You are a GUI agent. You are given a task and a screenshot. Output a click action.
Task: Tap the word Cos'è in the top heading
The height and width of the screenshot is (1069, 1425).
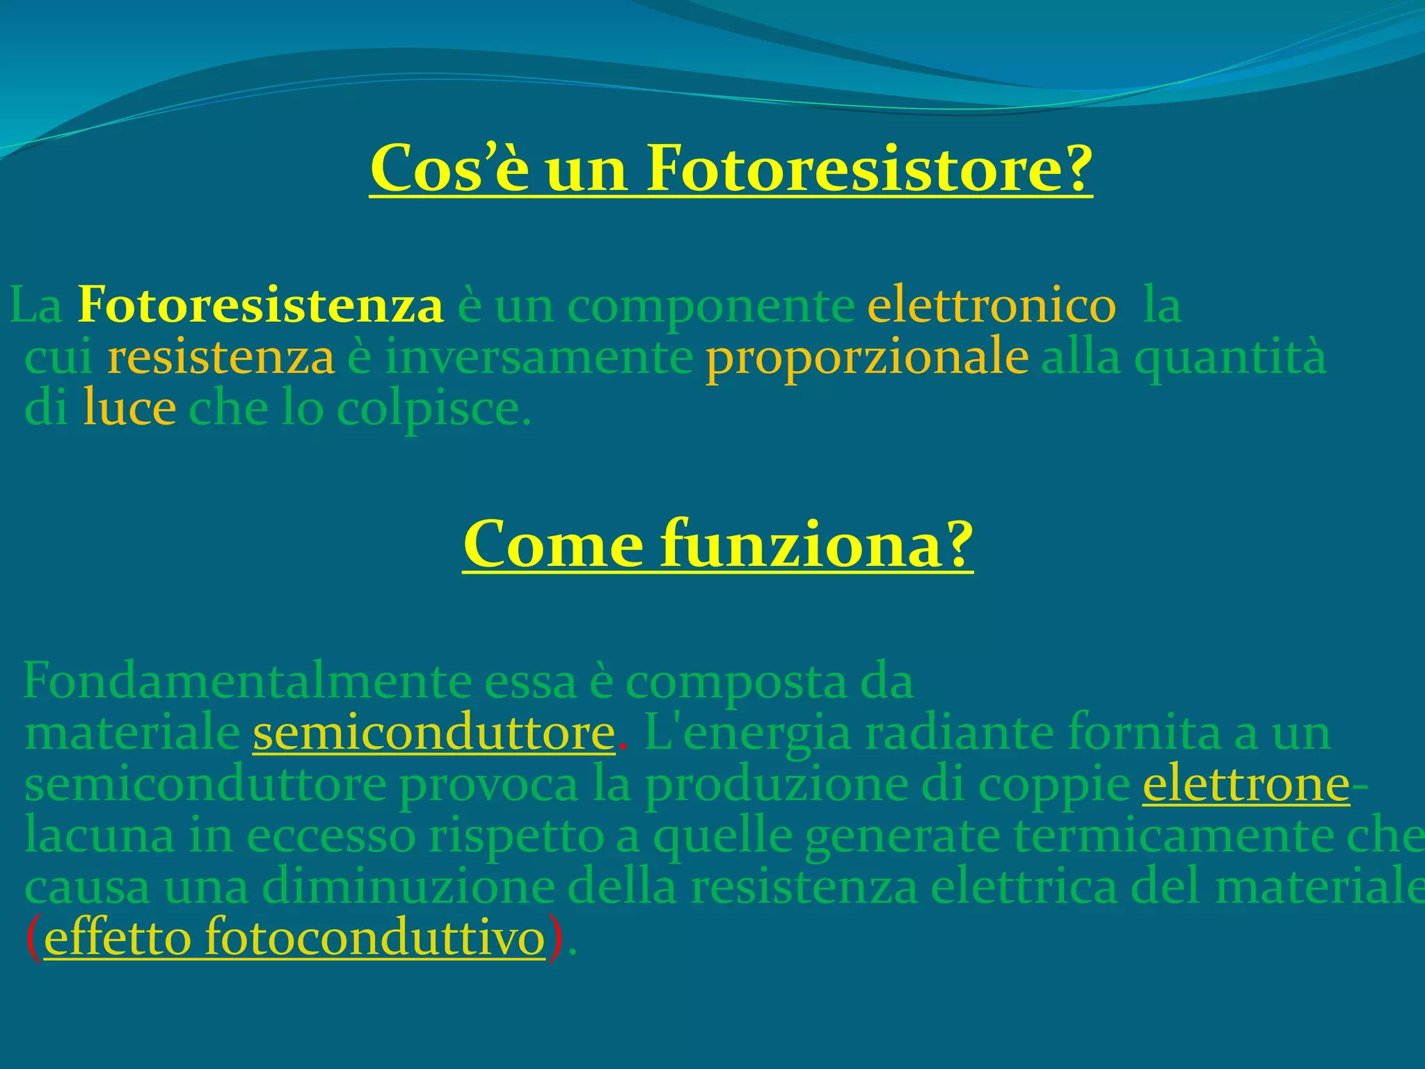tap(449, 169)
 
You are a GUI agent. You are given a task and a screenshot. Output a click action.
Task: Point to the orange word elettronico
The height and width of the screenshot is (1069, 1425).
tap(992, 306)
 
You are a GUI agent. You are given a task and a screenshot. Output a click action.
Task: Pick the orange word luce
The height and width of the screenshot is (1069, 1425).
tap(129, 409)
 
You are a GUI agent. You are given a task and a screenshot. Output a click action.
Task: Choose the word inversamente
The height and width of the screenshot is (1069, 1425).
tap(539, 357)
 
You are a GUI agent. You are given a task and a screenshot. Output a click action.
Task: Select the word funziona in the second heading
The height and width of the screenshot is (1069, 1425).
tap(817, 544)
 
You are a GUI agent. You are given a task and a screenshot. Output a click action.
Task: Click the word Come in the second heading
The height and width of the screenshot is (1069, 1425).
tap(554, 546)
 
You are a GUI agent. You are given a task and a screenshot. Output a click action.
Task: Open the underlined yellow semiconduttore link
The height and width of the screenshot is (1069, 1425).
tap(433, 734)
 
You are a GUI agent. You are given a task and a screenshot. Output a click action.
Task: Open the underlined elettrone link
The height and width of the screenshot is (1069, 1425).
tap(1245, 785)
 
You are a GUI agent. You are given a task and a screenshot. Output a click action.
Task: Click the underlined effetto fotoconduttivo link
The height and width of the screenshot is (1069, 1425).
tap(294, 939)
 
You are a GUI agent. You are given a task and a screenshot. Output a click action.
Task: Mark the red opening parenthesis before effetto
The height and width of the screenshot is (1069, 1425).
tap(33, 939)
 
